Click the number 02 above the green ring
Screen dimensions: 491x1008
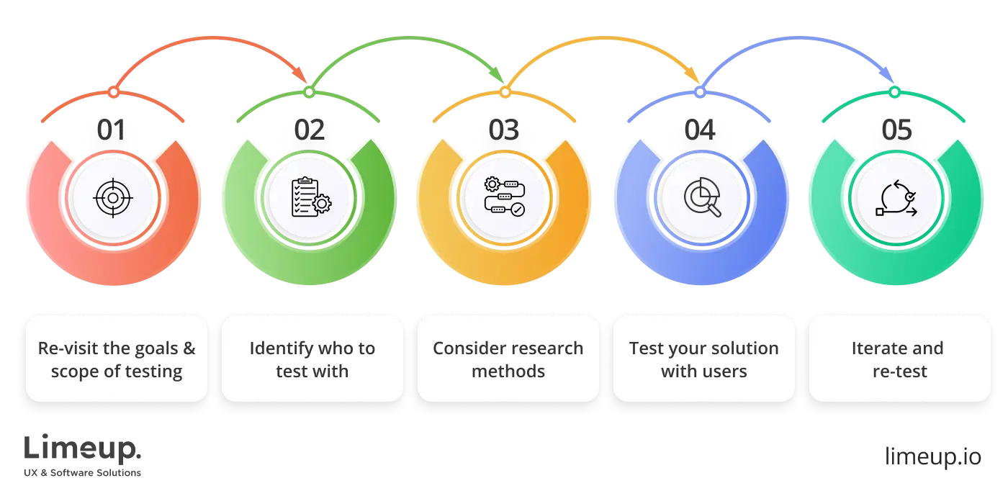click(310, 131)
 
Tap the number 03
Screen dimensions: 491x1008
click(504, 131)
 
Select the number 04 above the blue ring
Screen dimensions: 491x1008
click(700, 131)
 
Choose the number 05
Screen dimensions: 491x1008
click(896, 131)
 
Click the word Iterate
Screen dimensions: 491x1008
click(876, 348)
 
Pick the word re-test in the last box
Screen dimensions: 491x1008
click(899, 372)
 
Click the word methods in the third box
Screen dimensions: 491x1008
click(508, 372)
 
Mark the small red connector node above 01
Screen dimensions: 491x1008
click(114, 93)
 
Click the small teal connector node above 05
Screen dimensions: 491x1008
click(894, 93)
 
